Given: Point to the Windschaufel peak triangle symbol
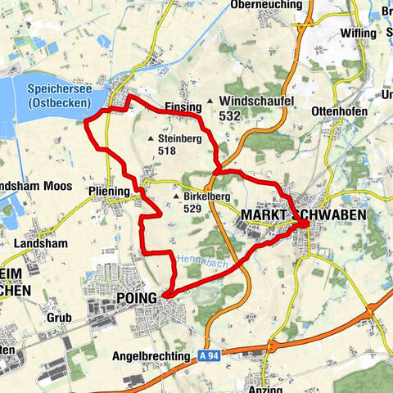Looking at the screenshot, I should point(210,101).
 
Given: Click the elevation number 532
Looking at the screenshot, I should point(229,117).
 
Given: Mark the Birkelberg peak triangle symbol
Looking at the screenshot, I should point(177,196).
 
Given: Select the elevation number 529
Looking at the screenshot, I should point(192,209).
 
